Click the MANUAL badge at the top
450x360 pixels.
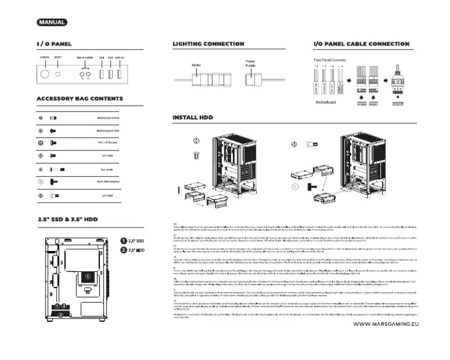pos(52,22)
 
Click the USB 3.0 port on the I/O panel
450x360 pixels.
pos(120,73)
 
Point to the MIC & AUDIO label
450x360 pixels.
pos(85,58)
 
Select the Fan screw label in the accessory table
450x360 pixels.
pos(106,169)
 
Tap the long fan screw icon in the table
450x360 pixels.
pos(57,169)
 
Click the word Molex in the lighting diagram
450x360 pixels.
pos(196,65)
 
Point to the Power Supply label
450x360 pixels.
pos(250,63)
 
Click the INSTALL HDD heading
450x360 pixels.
pos(193,118)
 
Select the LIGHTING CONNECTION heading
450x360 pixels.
pos(208,44)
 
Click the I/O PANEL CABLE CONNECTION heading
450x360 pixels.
pos(361,44)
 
